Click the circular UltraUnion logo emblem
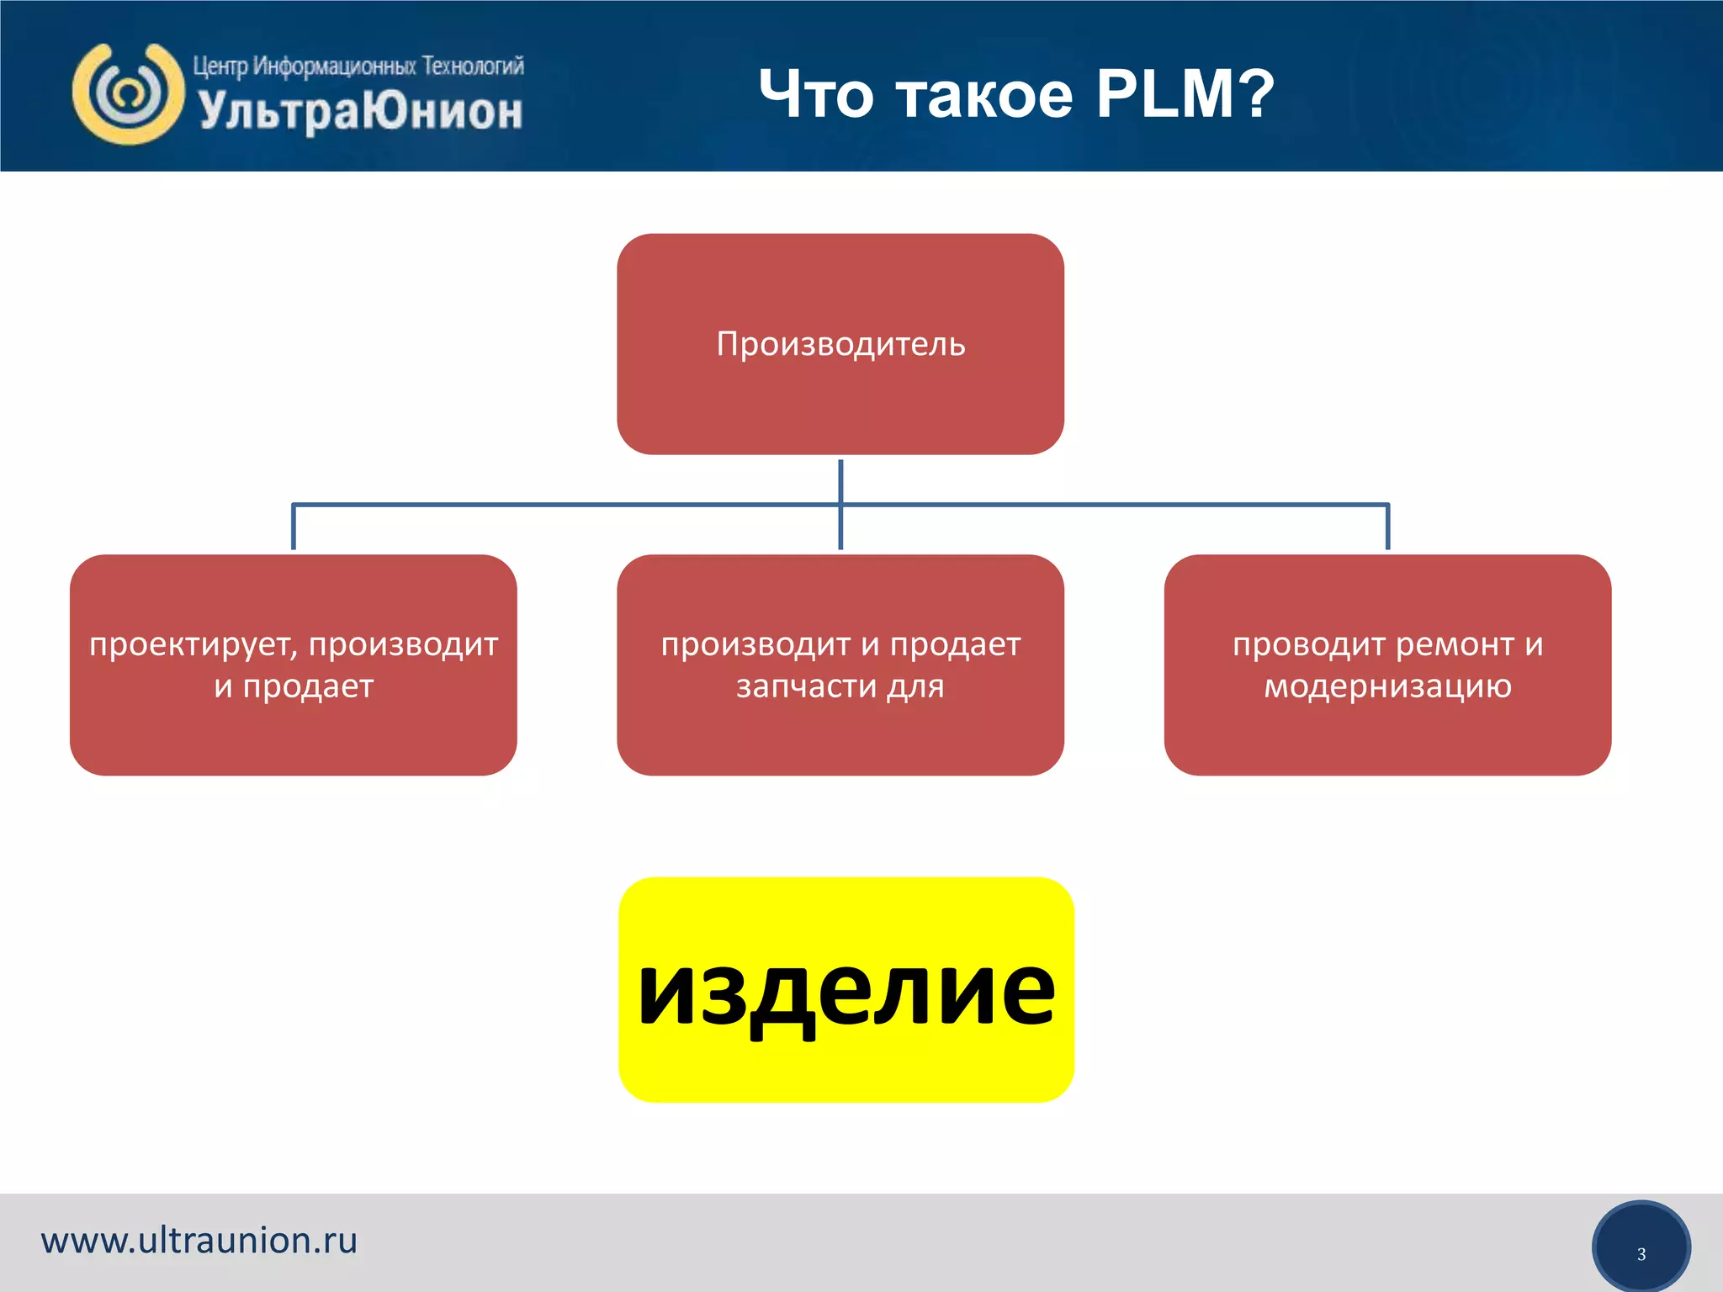(128, 93)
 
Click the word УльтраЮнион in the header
(361, 111)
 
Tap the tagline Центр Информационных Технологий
(358, 66)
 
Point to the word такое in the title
(983, 95)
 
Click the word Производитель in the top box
(840, 344)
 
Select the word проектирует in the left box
(193, 645)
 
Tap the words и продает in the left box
(294, 686)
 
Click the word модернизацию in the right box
(1387, 686)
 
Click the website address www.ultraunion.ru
(199, 1241)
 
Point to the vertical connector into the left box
(293, 527)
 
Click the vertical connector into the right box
(1387, 527)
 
